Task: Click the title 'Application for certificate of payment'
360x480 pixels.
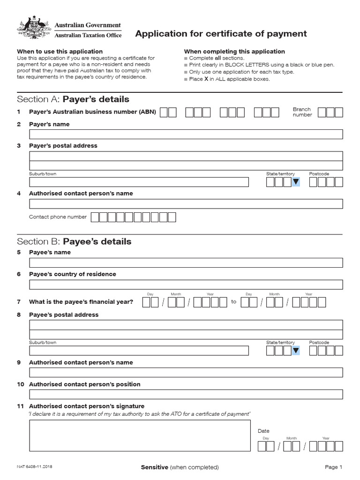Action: click(x=221, y=34)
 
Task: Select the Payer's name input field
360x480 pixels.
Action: click(x=186, y=135)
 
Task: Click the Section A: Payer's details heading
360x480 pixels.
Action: click(x=73, y=99)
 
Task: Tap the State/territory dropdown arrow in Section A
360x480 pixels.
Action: click(x=296, y=182)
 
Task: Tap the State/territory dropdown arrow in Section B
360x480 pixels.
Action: click(x=296, y=351)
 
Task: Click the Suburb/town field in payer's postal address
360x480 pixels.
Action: click(x=139, y=182)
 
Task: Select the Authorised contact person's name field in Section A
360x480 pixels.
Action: click(x=186, y=204)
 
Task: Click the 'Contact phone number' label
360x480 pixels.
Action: click(x=58, y=217)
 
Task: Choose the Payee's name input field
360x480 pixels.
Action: click(x=186, y=262)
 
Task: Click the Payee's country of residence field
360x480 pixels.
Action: click(x=186, y=285)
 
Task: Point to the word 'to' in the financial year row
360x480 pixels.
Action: click(x=233, y=302)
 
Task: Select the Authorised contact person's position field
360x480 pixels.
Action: click(x=186, y=394)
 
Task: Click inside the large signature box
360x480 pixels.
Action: click(x=140, y=435)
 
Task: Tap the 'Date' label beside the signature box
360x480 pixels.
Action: click(x=263, y=431)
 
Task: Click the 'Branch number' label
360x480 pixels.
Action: click(x=302, y=112)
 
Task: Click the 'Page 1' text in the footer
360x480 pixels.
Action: click(x=334, y=467)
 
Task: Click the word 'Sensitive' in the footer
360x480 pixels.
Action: click(x=154, y=467)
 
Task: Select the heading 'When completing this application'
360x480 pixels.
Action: click(x=234, y=52)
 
